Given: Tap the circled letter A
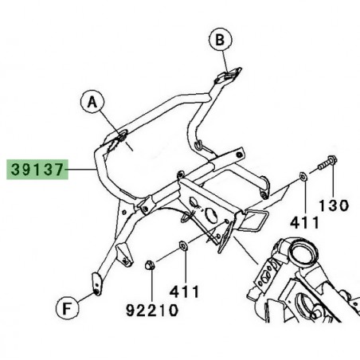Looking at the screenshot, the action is tap(92, 101).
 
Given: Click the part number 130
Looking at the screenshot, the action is tap(335, 205).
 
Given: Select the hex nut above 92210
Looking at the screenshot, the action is tap(151, 265).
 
